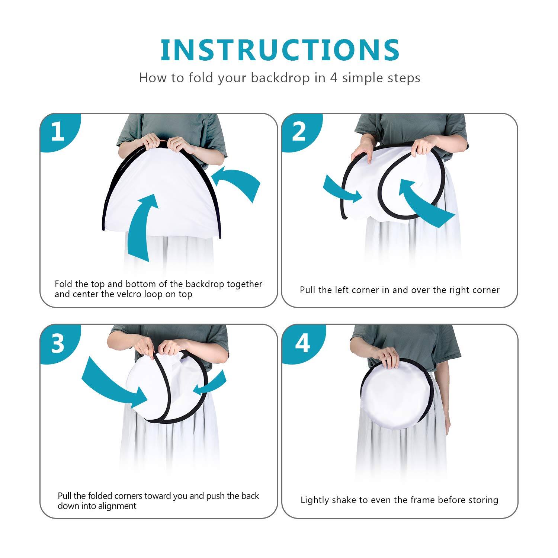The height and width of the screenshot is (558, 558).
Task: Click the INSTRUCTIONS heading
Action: (x=280, y=50)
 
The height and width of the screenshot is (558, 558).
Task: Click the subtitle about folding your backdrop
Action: (x=280, y=78)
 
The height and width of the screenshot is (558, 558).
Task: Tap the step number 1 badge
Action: (x=58, y=132)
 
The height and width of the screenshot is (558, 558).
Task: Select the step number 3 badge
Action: (x=58, y=343)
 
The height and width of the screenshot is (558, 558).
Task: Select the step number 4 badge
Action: (x=302, y=343)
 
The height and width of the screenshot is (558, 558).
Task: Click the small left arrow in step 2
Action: (x=340, y=190)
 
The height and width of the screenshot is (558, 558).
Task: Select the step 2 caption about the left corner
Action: (x=400, y=290)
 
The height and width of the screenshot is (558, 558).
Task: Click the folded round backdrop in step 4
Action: (x=396, y=394)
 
